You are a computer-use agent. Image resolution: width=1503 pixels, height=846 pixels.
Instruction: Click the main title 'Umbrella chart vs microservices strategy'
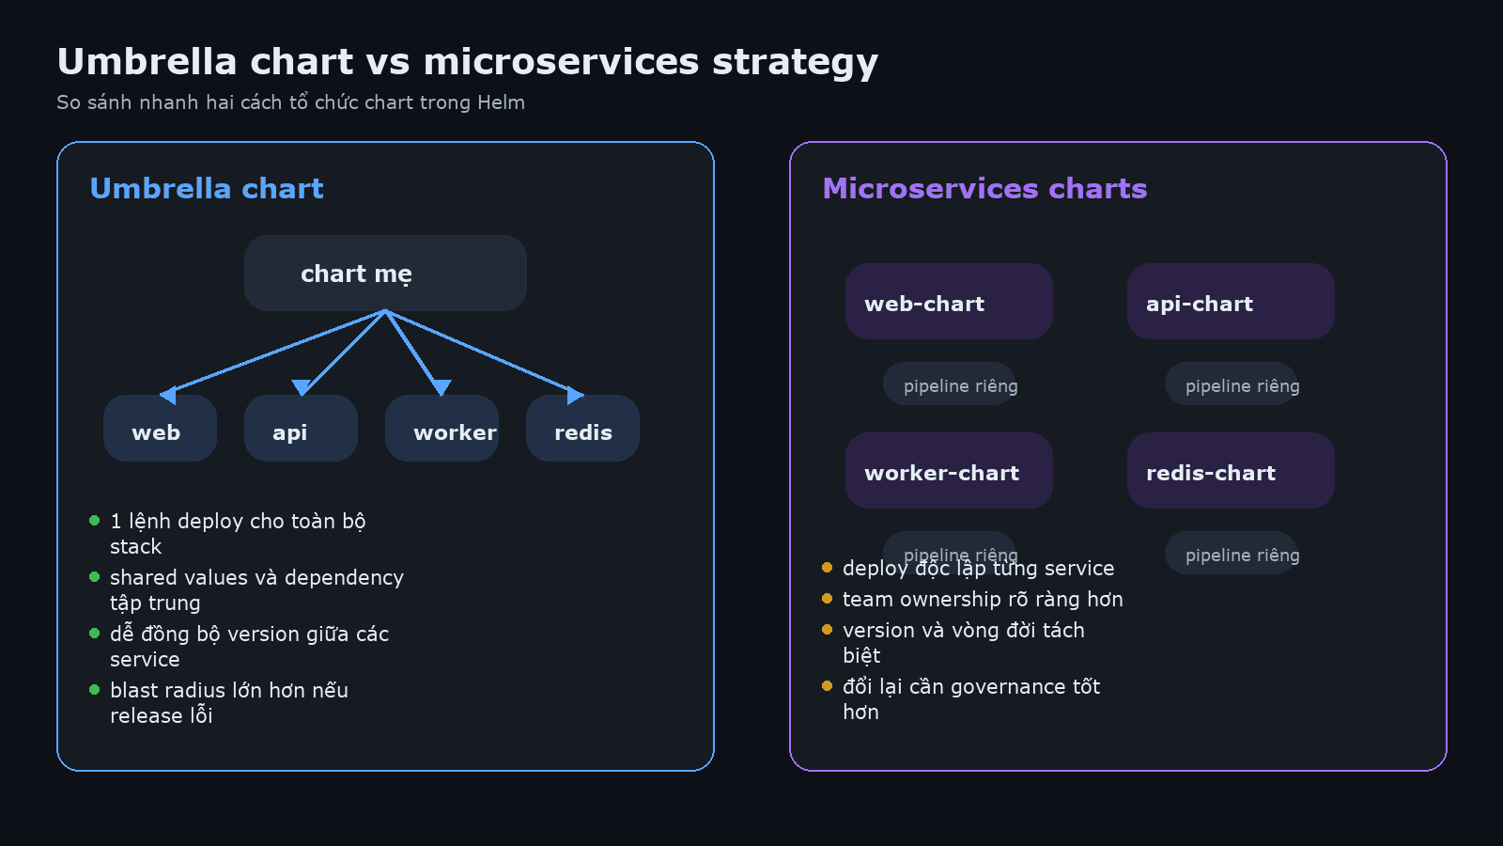point(467,62)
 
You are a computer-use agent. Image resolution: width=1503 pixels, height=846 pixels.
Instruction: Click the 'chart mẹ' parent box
point(385,274)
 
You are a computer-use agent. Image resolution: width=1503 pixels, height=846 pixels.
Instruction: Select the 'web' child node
point(160,429)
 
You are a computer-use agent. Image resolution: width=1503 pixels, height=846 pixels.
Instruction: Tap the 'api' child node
point(301,429)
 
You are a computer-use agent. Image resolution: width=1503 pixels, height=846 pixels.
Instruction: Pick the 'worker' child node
point(442,429)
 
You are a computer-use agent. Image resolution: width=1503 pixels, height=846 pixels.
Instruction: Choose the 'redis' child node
point(582,429)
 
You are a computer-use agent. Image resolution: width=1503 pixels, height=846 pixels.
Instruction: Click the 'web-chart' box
point(949,302)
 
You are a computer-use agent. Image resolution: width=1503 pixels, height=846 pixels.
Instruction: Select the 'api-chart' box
point(1231,302)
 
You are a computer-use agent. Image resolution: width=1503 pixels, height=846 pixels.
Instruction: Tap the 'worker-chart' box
point(949,471)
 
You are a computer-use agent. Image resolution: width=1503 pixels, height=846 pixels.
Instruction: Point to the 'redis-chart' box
point(1231,471)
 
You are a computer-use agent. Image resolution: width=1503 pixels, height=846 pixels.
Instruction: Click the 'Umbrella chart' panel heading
point(207,189)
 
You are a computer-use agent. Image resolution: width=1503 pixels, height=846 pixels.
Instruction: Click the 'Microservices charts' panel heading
point(984,189)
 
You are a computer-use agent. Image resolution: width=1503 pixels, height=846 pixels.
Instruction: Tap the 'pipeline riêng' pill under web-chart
point(950,384)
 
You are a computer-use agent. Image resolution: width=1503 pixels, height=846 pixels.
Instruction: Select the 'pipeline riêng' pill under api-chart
point(1232,384)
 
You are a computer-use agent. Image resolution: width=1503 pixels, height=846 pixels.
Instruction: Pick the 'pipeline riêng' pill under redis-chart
point(1232,554)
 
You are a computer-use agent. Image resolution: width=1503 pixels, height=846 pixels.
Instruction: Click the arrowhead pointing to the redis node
point(574,395)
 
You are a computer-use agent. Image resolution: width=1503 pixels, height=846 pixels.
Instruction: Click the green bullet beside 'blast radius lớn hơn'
point(94,690)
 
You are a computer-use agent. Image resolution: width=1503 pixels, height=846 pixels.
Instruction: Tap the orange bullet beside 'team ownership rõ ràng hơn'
point(827,599)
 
